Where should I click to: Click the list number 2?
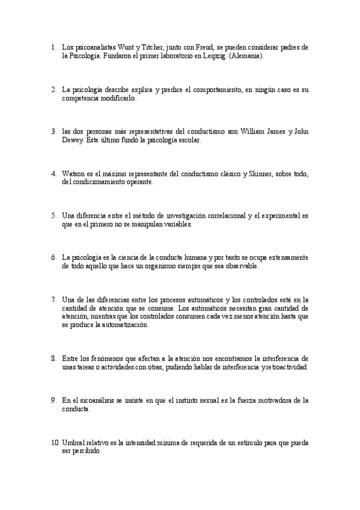pos(53,90)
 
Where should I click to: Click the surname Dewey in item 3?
pos(74,140)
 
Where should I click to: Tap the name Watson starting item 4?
pos(73,174)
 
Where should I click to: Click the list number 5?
pos(53,215)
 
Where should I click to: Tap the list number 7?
pos(53,299)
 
